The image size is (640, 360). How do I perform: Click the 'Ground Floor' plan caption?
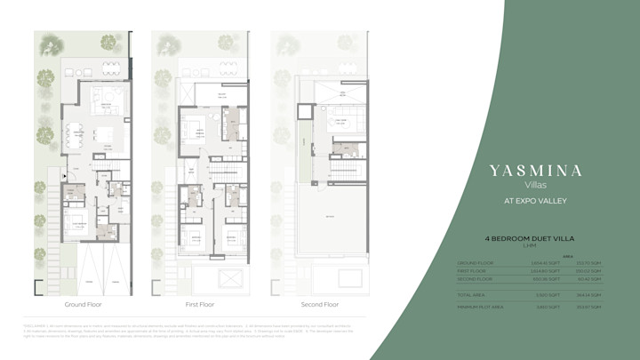pyautogui.click(x=82, y=304)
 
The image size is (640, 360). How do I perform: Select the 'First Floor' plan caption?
pyautogui.click(x=199, y=304)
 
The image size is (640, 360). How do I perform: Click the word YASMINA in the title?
pyautogui.click(x=535, y=171)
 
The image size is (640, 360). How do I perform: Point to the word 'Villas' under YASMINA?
pyautogui.click(x=535, y=186)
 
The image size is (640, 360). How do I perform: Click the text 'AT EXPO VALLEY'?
pyautogui.click(x=535, y=201)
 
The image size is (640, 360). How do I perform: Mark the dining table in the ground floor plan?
pyautogui.click(x=74, y=134)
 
